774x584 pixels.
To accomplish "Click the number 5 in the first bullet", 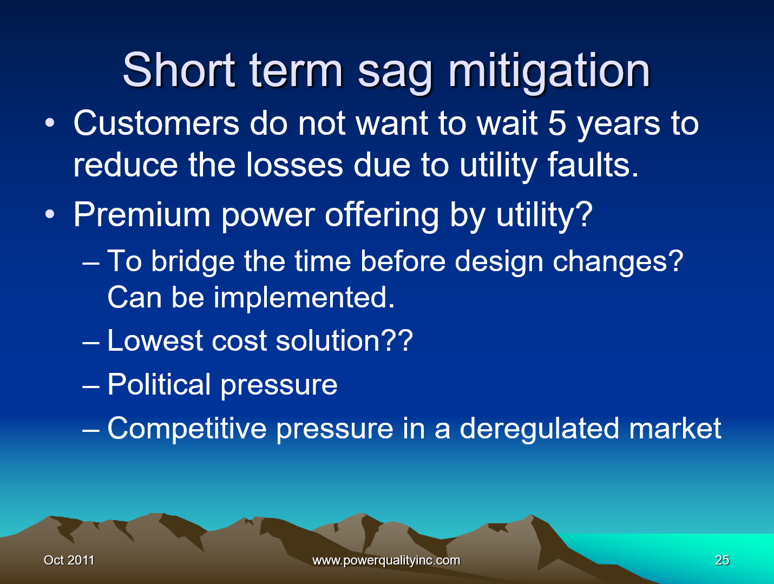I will coord(557,123).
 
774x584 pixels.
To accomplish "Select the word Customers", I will coord(156,123).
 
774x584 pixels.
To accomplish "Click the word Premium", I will coord(142,215).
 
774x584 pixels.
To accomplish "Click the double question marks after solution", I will coord(397,341).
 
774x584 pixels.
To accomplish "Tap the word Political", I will coord(159,385).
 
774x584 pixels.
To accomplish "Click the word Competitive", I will coord(187,429).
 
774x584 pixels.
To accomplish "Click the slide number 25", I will coord(722,560).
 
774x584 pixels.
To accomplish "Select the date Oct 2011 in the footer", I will coord(69,560).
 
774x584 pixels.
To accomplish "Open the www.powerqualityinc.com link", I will coord(386,560).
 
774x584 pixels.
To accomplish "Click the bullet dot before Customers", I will coord(50,123).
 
